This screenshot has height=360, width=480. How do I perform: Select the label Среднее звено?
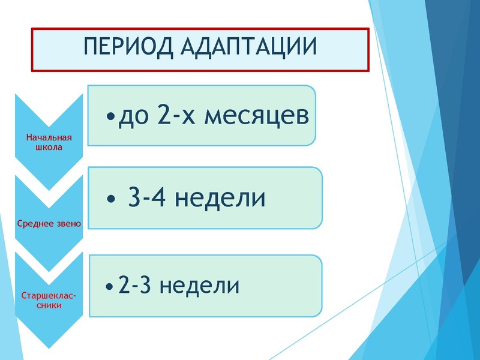click(x=50, y=224)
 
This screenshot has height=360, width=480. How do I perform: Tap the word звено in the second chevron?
click(x=68, y=224)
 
